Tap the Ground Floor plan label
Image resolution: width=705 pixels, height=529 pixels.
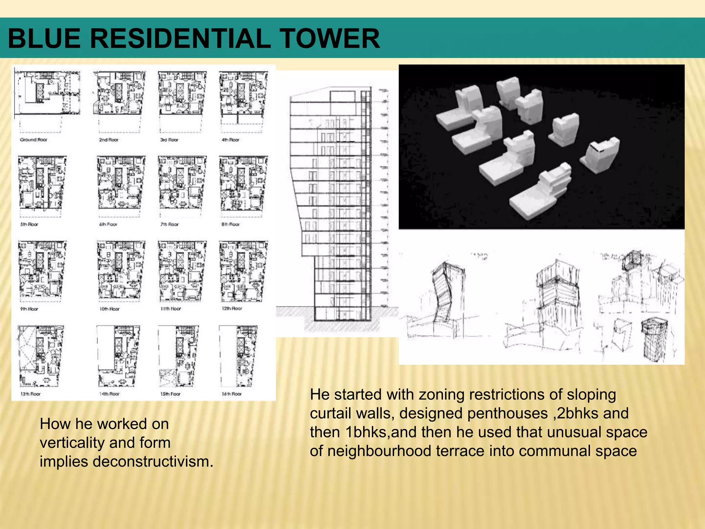pos(33,139)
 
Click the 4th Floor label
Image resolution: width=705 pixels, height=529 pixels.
pos(230,139)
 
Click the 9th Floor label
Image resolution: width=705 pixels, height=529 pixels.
pos(29,309)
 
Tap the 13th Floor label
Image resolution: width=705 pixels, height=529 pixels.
pos(30,394)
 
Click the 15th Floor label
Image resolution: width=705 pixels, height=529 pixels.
pos(170,394)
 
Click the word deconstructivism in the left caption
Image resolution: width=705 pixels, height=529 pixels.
pos(153,461)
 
